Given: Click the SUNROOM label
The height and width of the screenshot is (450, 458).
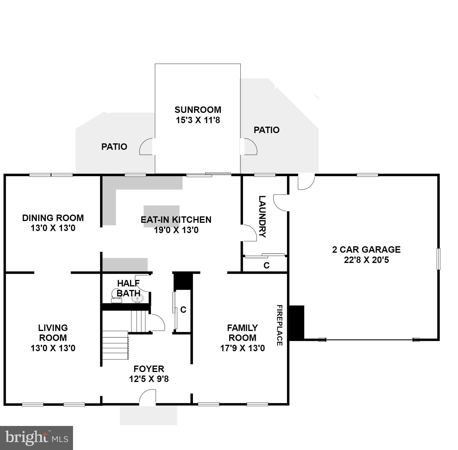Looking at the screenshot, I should coord(198,110).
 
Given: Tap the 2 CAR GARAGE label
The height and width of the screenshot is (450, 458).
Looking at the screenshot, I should coord(366,249).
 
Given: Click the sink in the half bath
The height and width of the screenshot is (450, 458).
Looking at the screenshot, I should coord(137,299).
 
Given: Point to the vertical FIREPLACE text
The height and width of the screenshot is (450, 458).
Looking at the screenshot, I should coord(279,325).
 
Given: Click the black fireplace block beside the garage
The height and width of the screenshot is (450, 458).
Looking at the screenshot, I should coord(297,322).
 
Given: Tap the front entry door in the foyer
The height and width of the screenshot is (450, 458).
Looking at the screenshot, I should coord(147,398).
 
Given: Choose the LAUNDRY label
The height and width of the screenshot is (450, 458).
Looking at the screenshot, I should coord(262,217).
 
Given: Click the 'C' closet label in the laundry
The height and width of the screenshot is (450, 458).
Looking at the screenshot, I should coord(266,265).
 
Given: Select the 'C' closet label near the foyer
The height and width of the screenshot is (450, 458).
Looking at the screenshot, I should coord(183,310).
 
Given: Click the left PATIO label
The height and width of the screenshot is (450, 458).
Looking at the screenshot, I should coord(114,147).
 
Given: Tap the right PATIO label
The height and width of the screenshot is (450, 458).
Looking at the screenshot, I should coord(266,130).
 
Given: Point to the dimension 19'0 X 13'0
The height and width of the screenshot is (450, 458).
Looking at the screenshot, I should coord(176,230).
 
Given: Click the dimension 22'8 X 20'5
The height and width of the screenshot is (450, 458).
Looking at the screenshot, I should coord(366,260).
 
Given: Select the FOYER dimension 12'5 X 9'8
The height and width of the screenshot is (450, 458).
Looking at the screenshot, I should coord(149,379).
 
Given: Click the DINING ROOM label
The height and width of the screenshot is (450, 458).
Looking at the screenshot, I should coord(53,218).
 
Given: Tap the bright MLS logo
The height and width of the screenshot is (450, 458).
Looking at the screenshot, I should coord(36,438).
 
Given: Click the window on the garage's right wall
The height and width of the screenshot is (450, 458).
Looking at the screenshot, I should coord(438,259).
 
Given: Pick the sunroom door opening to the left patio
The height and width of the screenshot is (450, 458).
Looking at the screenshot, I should coord(146,147).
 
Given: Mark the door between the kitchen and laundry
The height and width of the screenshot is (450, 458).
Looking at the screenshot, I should coord(249,233).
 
